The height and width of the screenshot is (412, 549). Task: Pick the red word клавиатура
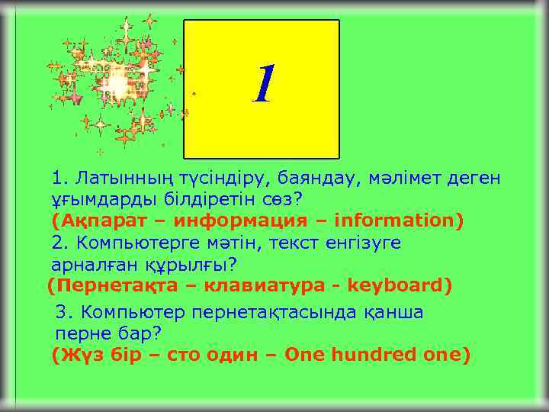262,286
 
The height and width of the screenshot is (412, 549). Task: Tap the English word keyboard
400,286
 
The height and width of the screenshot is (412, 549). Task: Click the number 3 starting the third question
62,312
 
